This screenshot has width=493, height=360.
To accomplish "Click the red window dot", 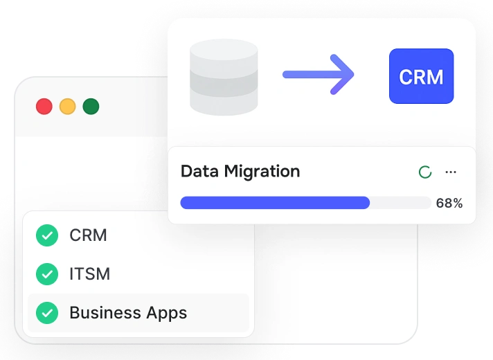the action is [44, 107].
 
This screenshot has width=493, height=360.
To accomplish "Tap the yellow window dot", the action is [67, 107].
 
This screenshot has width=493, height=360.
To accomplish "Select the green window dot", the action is [91, 107].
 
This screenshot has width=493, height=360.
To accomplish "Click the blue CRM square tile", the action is [421, 76].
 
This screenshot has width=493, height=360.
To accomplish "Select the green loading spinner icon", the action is [425, 172].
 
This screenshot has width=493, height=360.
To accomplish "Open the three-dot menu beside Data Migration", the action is [451, 172].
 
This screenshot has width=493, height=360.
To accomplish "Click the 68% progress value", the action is [449, 203].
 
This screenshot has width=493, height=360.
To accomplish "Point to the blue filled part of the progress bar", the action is [274, 203].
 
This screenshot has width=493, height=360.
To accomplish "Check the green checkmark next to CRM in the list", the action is [47, 235].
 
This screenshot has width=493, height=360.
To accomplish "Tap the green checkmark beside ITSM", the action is [47, 274].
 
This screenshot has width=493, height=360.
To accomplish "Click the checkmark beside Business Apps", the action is [47, 313].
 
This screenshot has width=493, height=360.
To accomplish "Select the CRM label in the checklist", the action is [88, 235].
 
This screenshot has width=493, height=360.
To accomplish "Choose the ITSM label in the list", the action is [90, 274].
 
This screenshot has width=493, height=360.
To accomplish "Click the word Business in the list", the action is [103, 313].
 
